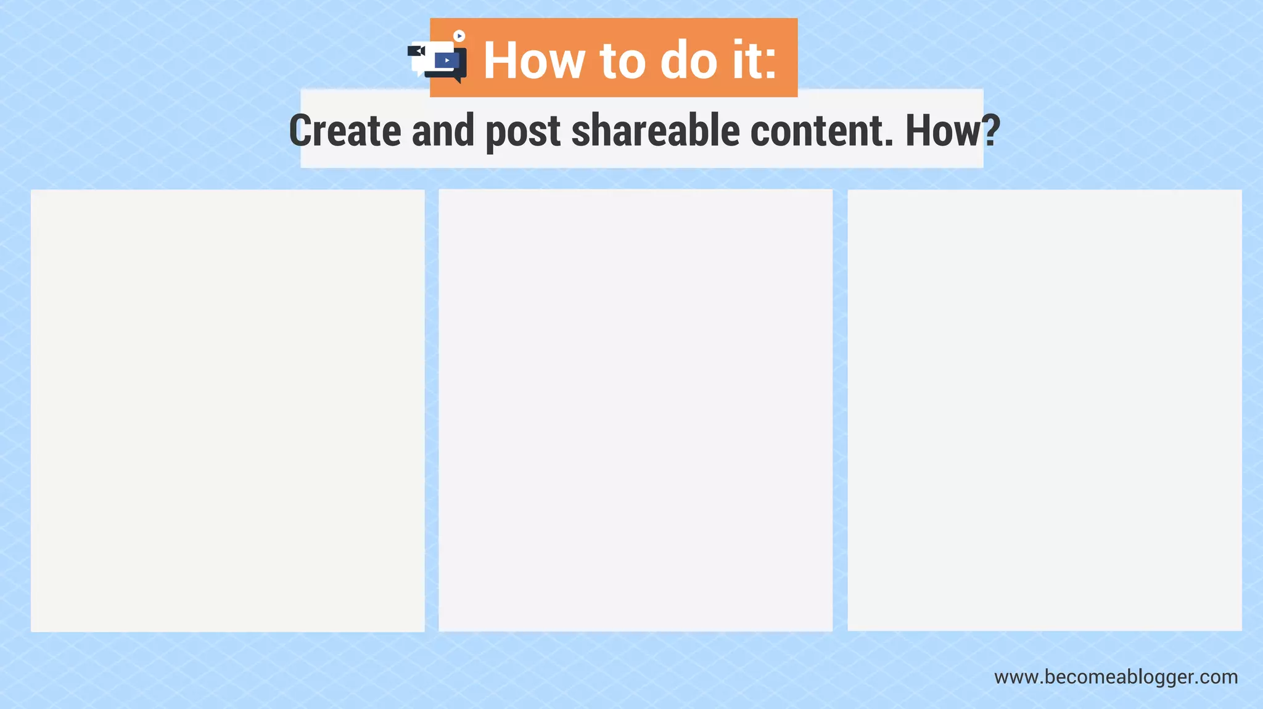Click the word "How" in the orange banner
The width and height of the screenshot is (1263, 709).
pos(534,60)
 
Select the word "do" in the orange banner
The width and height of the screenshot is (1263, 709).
pos(689,60)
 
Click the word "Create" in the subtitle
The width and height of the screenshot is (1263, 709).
pos(345,131)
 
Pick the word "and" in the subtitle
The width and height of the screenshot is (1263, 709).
pos(443,131)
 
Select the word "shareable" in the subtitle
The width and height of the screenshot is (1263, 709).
pos(656,131)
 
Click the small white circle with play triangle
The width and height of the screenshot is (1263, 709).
pos(459,36)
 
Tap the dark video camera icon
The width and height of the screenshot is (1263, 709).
pos(416,51)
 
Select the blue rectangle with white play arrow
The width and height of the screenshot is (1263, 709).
pos(447,60)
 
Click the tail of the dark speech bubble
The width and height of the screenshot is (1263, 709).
pos(458,80)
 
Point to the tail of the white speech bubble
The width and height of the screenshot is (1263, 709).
pos(419,73)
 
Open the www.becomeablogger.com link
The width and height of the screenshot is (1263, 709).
pos(1116,677)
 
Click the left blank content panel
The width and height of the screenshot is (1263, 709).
pos(228,410)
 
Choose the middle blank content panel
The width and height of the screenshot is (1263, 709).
pos(635,410)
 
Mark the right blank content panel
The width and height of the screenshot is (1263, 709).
pos(1044,410)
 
